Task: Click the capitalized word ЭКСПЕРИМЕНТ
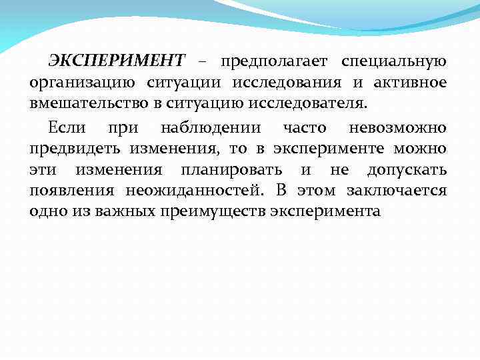[115, 62]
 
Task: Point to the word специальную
[394, 63]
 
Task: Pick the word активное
[408, 83]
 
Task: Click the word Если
[67, 127]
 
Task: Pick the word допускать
[407, 170]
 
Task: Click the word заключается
[397, 191]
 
